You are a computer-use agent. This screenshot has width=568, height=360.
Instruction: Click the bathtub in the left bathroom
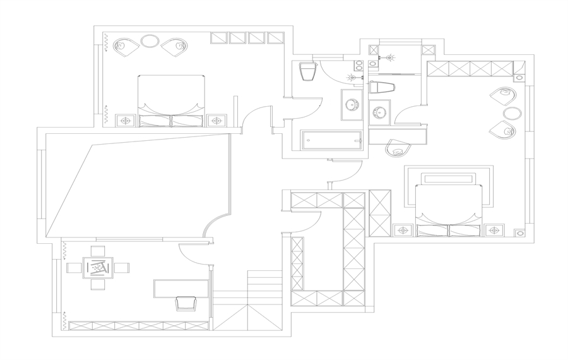click(331, 140)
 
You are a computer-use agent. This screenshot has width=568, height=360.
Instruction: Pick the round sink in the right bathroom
click(380, 112)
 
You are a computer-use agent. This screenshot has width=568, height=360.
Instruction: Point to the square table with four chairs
click(98, 268)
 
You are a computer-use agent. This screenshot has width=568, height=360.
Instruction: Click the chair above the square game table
click(98, 251)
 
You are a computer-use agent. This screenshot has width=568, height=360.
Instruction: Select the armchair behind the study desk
click(186, 303)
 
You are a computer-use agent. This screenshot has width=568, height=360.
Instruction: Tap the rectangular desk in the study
click(181, 288)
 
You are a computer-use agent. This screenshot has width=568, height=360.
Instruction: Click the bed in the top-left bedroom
click(172, 101)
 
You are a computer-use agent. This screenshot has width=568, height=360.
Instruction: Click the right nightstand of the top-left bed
click(216, 120)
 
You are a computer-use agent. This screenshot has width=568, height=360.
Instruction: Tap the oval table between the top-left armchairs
click(150, 42)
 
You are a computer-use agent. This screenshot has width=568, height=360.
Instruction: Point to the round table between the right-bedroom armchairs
click(512, 113)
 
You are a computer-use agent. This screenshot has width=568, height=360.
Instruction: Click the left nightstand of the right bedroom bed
click(402, 230)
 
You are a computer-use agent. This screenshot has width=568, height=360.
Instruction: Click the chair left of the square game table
click(74, 268)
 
